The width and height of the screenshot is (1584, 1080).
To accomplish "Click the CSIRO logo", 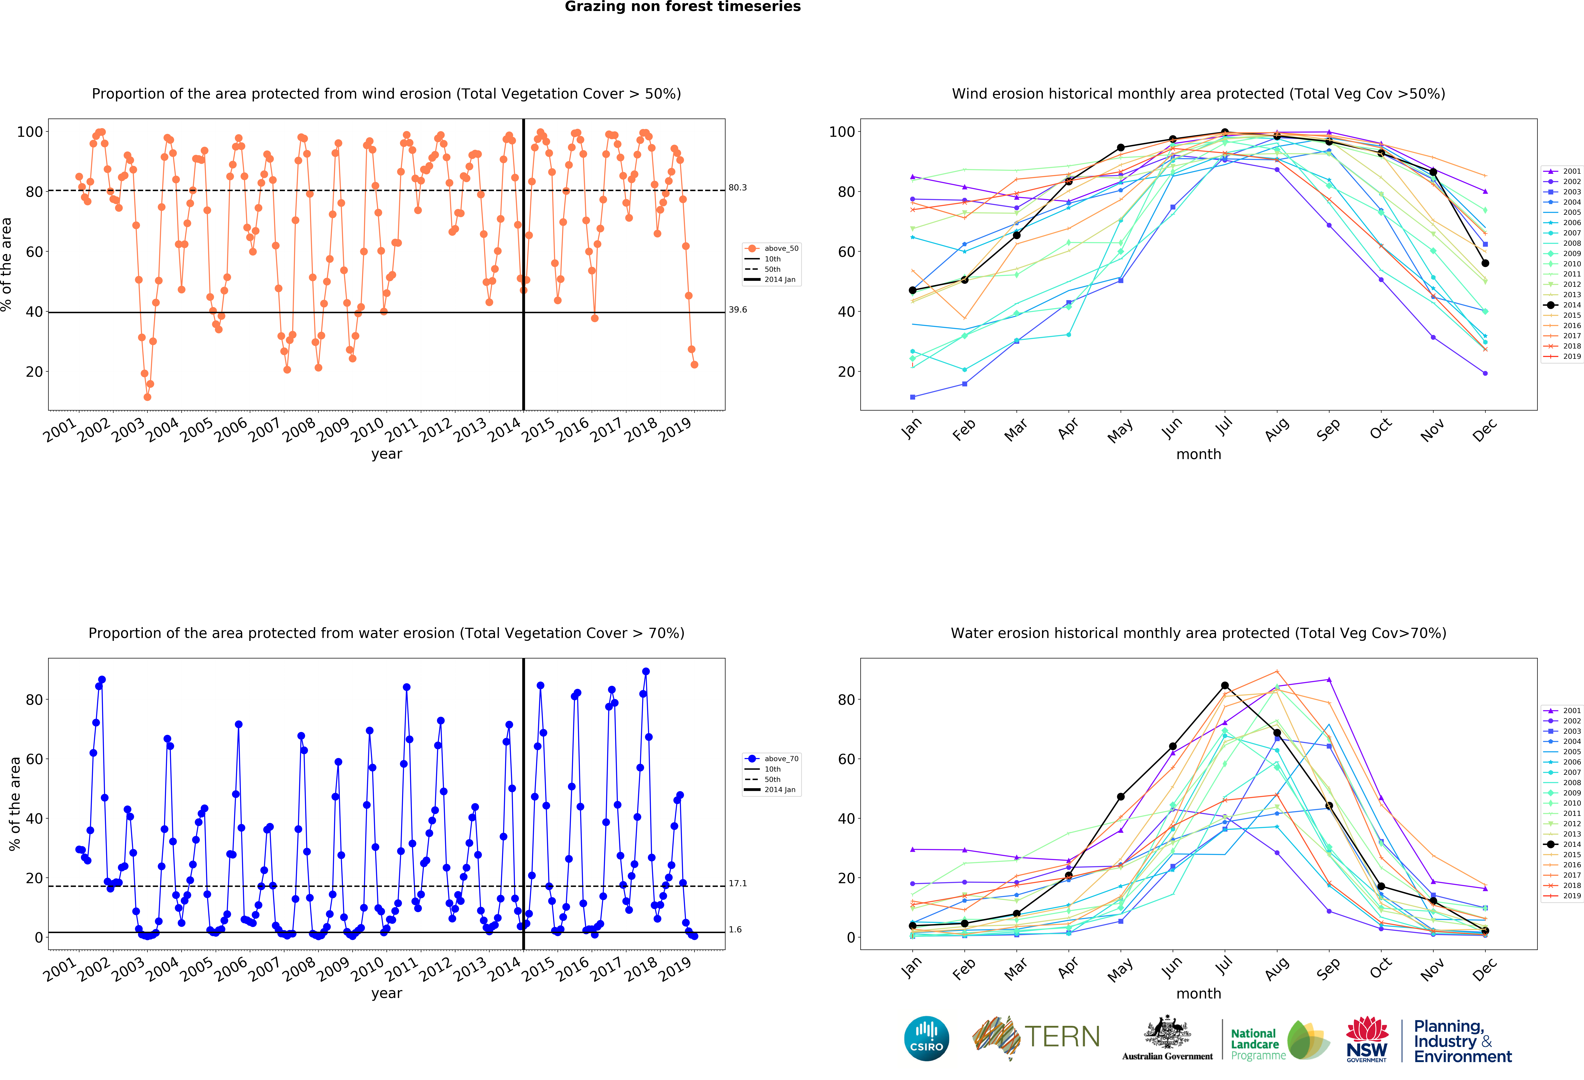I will pos(926,1038).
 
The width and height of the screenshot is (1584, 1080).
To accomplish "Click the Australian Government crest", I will pos(1167,1033).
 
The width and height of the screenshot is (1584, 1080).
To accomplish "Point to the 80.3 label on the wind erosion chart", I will pos(737,188).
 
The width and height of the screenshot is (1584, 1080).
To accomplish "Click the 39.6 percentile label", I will pos(737,310).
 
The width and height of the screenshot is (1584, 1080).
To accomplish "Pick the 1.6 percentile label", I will pos(735,929).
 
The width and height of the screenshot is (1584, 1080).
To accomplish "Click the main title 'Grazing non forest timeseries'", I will pos(682,7).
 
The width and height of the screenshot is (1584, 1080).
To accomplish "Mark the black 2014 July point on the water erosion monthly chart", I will pos(1225,685).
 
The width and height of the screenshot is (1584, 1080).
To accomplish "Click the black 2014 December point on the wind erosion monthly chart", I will pos(1485,263).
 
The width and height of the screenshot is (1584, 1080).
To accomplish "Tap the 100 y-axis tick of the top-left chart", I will pos(30,132).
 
